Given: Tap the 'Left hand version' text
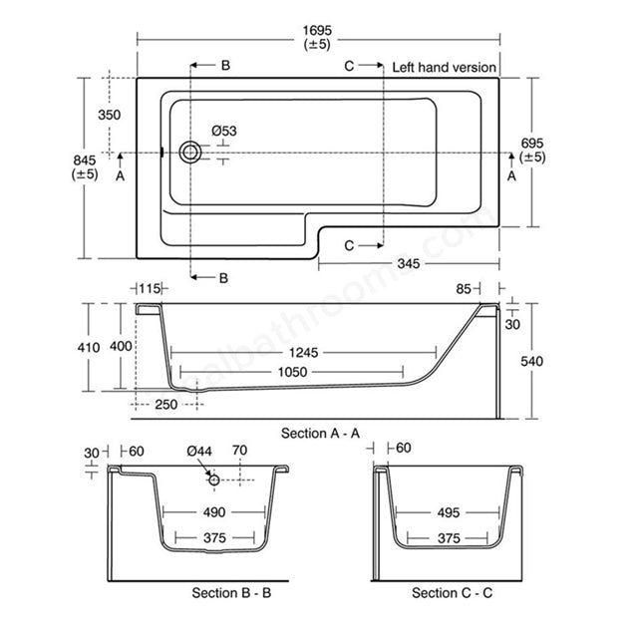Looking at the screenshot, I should pos(445,68).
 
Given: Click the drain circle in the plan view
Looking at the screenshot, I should pos(189,153).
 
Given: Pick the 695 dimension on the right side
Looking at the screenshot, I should pos(532,148).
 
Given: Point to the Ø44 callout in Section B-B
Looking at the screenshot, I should pos(200,452).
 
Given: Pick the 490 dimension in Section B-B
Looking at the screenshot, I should pos(213,512).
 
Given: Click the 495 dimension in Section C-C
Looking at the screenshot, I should pos(448,512).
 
